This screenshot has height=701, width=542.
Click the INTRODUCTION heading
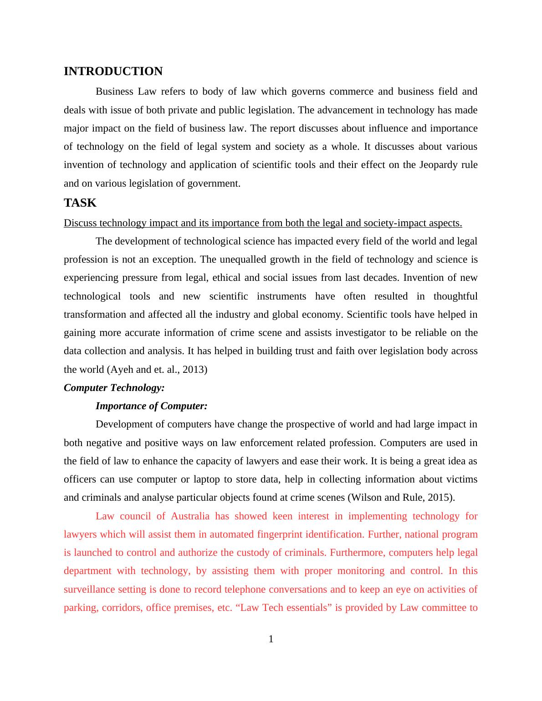point(113,71)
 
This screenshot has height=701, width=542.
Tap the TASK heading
point(80,203)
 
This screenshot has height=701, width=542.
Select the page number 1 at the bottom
point(271,639)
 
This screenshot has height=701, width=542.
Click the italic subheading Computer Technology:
point(114,388)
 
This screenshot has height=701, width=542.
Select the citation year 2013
point(194,370)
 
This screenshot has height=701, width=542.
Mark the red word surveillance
point(89,589)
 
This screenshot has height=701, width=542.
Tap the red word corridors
point(121,608)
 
